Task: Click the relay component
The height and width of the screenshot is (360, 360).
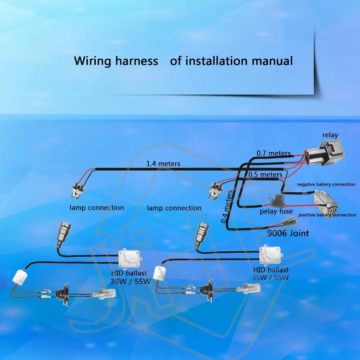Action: [x=325, y=153]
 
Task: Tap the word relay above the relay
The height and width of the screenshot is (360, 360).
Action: [x=330, y=135]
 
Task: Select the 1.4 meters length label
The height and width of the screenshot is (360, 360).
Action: [x=163, y=164]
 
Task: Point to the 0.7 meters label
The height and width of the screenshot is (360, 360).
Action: [x=274, y=153]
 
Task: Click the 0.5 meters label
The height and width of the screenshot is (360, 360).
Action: [x=265, y=175]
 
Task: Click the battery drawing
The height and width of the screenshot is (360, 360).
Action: [x=326, y=204]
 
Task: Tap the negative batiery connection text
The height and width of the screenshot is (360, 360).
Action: [x=326, y=184]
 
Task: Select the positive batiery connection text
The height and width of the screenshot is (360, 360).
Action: [x=327, y=215]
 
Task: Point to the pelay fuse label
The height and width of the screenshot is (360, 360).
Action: [x=276, y=211]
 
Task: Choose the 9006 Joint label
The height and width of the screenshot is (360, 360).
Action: [x=288, y=233]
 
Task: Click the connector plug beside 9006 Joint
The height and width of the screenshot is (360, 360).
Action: [x=289, y=221]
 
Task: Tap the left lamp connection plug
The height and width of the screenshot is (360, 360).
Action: [x=78, y=190]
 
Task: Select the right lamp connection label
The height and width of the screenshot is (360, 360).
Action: [x=174, y=208]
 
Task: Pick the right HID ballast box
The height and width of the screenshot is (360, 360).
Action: [x=270, y=255]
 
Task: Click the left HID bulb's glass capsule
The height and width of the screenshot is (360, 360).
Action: [x=107, y=294]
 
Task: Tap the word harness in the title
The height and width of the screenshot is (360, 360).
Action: [x=136, y=61]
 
